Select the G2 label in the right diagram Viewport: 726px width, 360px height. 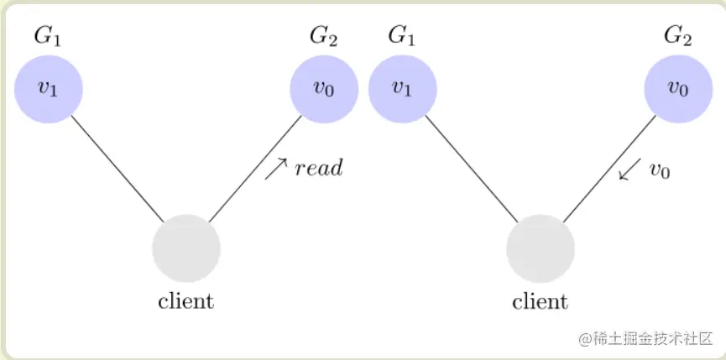678,35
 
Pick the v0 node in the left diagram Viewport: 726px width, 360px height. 324,88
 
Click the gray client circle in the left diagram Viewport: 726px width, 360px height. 186,249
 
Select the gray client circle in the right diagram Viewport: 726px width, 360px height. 541,249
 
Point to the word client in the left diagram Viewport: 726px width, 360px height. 186,300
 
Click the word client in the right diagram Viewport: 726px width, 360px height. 541,300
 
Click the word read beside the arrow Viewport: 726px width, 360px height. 319,169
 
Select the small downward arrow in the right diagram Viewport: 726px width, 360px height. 629,169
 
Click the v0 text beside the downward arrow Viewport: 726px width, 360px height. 661,170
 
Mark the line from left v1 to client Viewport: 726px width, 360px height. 118,168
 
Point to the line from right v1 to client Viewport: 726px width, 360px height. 472,168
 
